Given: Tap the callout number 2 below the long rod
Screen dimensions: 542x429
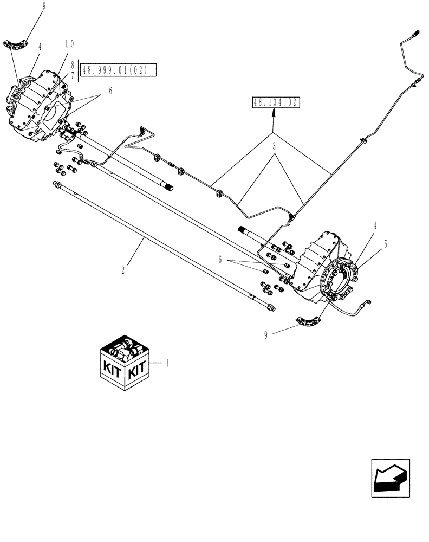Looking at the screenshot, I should pyautogui.click(x=124, y=268).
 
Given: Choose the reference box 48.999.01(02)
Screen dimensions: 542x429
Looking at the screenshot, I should pyautogui.click(x=118, y=69).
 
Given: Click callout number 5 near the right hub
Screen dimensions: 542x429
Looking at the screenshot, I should pyautogui.click(x=385, y=244).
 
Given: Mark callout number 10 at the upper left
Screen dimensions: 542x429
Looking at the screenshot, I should pyautogui.click(x=70, y=44).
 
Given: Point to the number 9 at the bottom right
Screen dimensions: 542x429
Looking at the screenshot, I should pyautogui.click(x=265, y=335).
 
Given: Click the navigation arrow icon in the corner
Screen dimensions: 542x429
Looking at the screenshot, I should pyautogui.click(x=390, y=478).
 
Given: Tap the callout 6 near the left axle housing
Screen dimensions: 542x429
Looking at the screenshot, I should pyautogui.click(x=110, y=92).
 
